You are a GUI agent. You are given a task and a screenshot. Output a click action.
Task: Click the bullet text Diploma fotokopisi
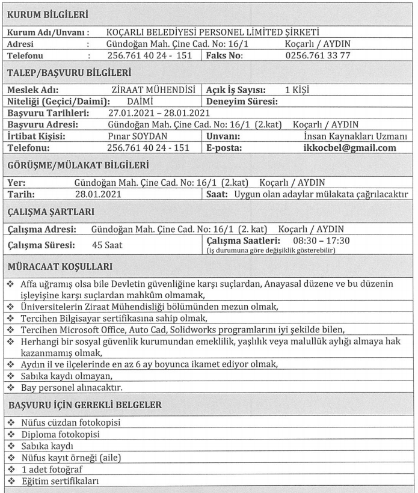pos(60,434)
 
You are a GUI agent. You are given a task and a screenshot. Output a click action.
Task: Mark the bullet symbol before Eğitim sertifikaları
pos(12,481)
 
